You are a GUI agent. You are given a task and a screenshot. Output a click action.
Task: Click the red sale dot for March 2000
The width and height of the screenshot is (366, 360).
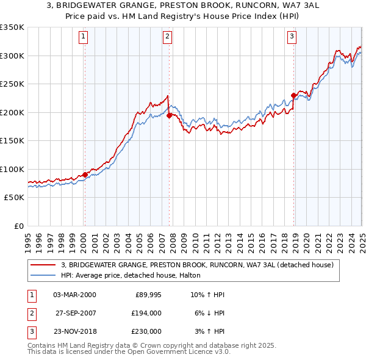pos(85,175)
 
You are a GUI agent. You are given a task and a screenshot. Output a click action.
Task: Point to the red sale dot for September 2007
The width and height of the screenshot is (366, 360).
pos(169,115)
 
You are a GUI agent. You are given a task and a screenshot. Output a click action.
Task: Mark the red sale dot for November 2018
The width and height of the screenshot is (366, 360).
pos(293,95)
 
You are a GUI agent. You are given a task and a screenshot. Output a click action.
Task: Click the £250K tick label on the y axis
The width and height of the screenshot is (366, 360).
pos(12,84)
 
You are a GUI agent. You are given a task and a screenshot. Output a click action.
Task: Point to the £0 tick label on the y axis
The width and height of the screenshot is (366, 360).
pos(18,226)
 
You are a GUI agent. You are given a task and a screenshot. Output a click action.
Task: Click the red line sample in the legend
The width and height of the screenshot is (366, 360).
pos(43,265)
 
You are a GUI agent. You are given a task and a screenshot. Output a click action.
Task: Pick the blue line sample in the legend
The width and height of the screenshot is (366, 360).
pos(43,275)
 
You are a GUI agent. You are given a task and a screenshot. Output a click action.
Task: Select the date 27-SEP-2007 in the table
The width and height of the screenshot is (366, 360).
pos(75,313)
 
